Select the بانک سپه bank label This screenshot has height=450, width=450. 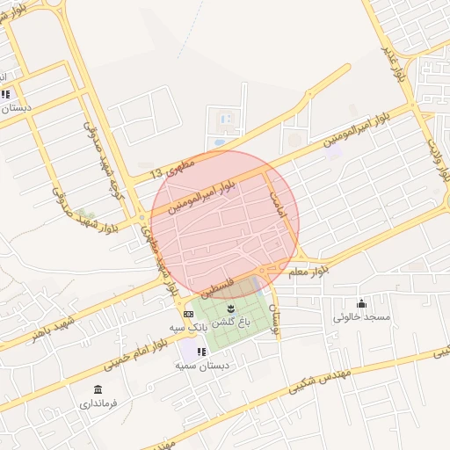pos(189,326)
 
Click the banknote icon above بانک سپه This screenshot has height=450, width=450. pos(188,314)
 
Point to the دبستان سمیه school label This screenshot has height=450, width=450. pos(202,364)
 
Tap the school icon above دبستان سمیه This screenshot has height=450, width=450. pos(201,352)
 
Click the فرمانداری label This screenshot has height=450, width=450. pos(98,404)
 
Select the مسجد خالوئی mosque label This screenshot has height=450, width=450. pos(360,316)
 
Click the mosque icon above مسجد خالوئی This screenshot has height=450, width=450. pos(361,303)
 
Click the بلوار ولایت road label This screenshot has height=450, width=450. pos(439,158)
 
